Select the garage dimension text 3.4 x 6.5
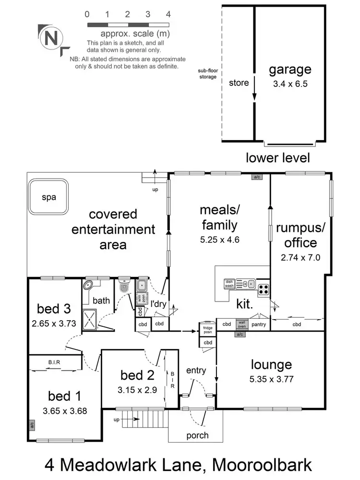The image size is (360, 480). [x=290, y=83]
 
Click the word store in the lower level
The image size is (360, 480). [x=239, y=83]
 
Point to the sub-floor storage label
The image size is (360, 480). [x=207, y=73]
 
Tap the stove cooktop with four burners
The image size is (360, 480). [x=263, y=289]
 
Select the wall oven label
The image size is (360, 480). [x=242, y=324]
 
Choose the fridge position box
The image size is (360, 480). [x=207, y=330]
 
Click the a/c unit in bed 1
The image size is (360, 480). [x=31, y=425]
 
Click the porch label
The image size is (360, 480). [x=197, y=435]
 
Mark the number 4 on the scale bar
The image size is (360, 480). [x=168, y=14]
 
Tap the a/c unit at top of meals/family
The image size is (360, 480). [x=257, y=177]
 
